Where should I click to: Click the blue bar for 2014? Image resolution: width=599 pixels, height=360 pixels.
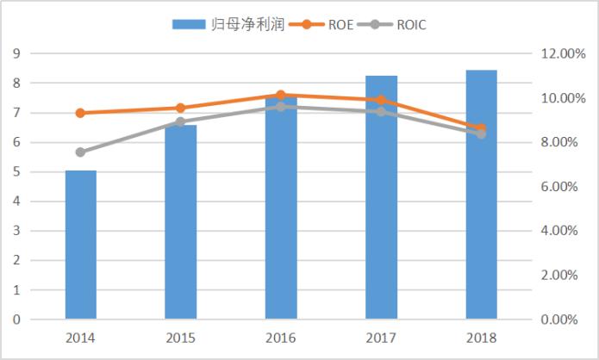click(x=81, y=245)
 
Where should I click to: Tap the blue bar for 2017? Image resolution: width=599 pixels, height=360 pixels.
click(x=382, y=198)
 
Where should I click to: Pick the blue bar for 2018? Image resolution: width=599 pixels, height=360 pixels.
click(x=482, y=195)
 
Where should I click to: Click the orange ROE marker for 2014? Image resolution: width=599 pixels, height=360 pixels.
click(x=80, y=113)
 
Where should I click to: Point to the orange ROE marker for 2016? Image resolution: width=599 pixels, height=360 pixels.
click(x=281, y=95)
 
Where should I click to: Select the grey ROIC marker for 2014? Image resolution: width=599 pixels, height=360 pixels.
click(x=80, y=152)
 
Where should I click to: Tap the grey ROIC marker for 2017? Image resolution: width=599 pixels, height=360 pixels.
click(x=381, y=112)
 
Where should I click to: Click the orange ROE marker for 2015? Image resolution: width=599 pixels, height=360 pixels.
click(x=181, y=108)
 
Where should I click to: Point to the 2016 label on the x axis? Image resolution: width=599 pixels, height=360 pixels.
click(x=281, y=338)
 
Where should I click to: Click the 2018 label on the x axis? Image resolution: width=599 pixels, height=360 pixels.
click(x=482, y=338)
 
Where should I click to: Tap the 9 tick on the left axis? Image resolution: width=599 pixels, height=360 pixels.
click(x=16, y=53)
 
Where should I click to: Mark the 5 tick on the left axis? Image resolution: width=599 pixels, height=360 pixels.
click(x=16, y=172)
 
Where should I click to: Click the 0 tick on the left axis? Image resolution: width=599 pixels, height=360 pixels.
click(x=16, y=320)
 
